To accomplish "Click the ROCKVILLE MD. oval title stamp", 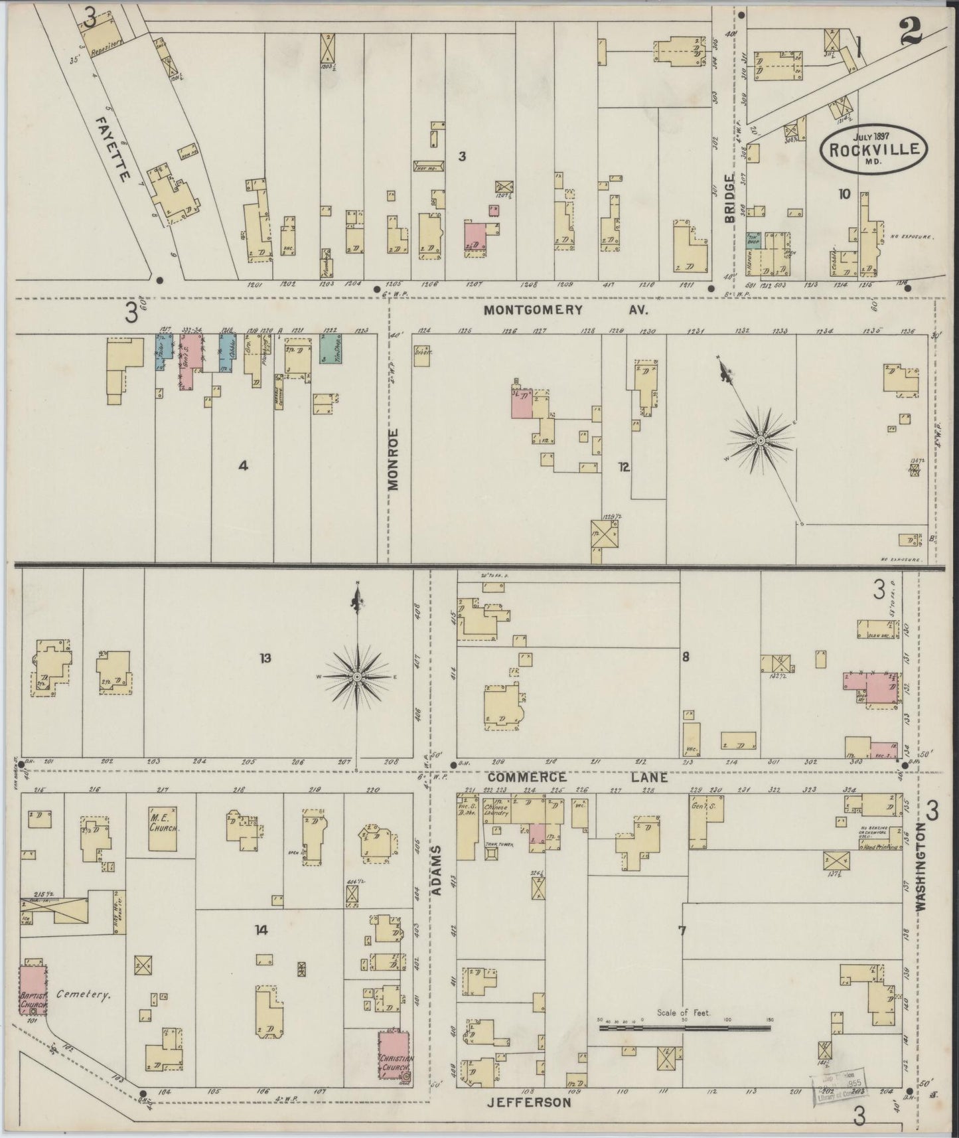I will tap(872, 149).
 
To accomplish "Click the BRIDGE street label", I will tap(730, 200).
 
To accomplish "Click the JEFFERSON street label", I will tap(529, 1102).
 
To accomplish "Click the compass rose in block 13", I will tap(357, 676).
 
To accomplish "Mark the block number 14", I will tap(261, 930).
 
